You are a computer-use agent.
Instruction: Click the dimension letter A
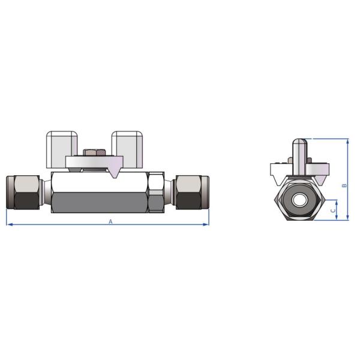pos(110,221)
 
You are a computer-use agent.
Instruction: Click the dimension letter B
pos(344,185)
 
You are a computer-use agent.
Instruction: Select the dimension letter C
pos(333,211)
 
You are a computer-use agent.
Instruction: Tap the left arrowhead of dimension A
pos(8,225)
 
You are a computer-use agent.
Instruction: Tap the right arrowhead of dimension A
pos(207,225)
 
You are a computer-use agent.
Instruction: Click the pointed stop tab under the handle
pos(115,173)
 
